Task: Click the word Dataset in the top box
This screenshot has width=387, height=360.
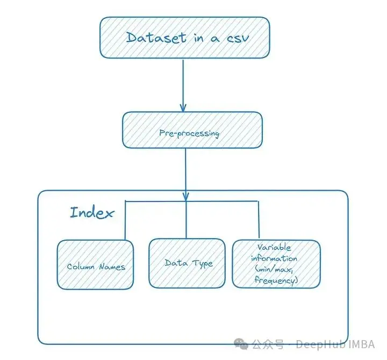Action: (x=156, y=38)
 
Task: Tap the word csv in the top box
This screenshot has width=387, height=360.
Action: (x=238, y=39)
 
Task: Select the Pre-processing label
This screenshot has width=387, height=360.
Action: (x=189, y=133)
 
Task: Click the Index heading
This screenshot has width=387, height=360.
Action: (x=92, y=213)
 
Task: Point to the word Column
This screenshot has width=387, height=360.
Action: (x=81, y=267)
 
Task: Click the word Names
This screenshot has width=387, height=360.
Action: (x=112, y=267)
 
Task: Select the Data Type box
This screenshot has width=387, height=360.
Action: (x=187, y=263)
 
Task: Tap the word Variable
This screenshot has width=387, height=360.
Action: (x=274, y=247)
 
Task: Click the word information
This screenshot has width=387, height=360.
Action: (x=274, y=258)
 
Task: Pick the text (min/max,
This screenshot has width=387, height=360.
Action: (x=274, y=269)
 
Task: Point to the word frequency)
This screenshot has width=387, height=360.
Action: (x=276, y=280)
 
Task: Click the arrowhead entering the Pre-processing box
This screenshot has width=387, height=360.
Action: (x=183, y=108)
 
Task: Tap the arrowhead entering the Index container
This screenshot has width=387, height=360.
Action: (x=186, y=197)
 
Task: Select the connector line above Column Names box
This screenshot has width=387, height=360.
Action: (x=125, y=220)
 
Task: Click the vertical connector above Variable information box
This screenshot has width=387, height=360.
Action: (x=259, y=219)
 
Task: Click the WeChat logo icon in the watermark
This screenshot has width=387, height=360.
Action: (x=241, y=344)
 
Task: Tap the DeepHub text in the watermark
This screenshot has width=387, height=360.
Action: (x=320, y=344)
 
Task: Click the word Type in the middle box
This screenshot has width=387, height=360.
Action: (x=203, y=264)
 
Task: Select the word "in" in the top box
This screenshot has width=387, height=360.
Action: (x=199, y=38)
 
